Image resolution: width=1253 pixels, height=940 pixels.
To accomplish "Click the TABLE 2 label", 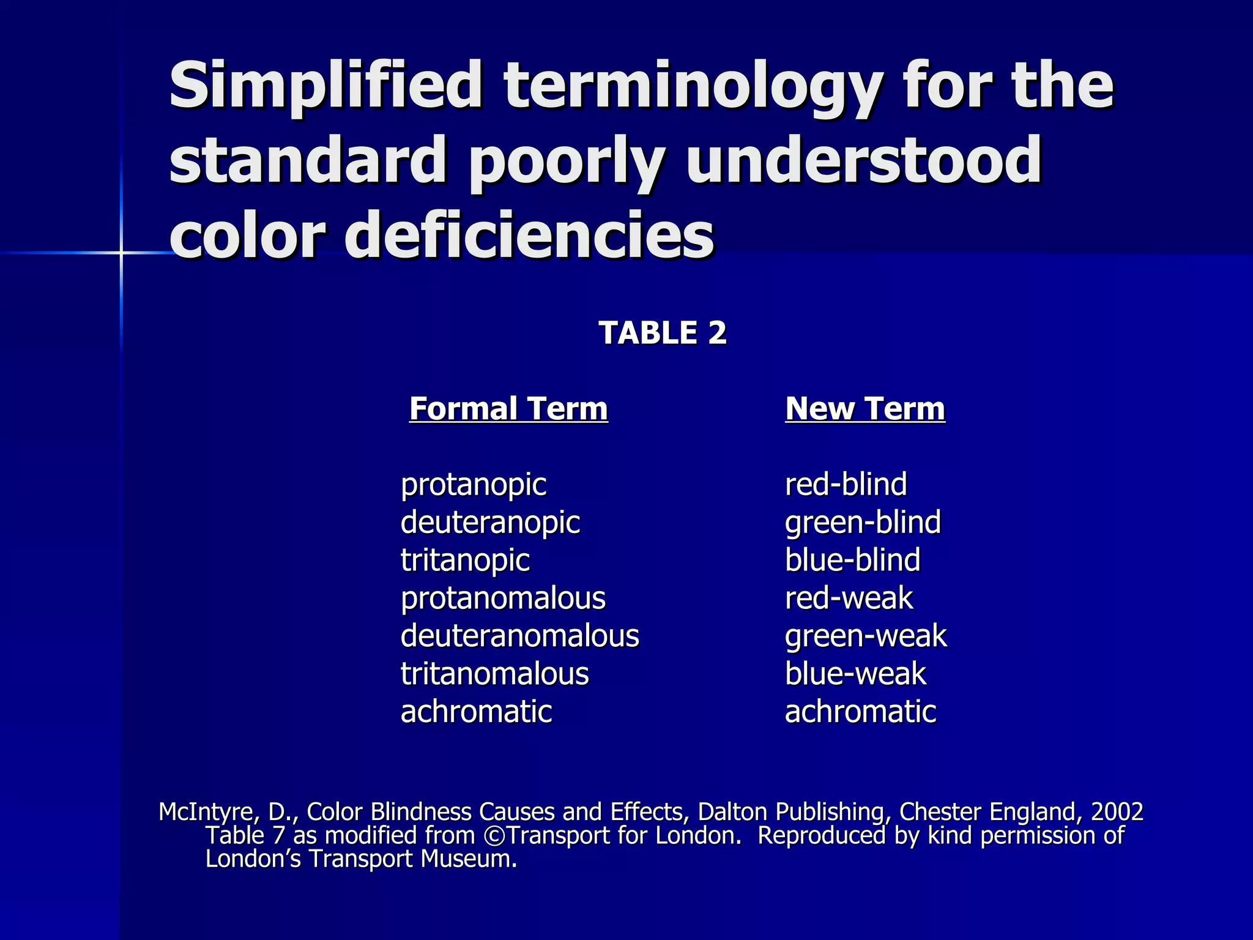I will (x=663, y=334).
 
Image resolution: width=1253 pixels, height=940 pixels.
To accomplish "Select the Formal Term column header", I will (x=508, y=409).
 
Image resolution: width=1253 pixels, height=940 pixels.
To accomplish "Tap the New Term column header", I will (x=865, y=409).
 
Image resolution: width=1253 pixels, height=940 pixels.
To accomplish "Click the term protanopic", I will (x=474, y=485).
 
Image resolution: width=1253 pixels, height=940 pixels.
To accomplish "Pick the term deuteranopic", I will (x=490, y=523).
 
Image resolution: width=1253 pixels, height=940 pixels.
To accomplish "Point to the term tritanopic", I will (x=465, y=561).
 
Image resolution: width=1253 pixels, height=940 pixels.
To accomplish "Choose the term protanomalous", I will (x=503, y=599).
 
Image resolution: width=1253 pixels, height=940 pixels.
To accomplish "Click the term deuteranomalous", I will (x=520, y=636).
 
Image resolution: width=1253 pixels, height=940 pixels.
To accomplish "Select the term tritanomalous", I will (x=494, y=674).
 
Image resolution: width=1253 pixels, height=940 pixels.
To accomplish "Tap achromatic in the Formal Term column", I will (x=476, y=712).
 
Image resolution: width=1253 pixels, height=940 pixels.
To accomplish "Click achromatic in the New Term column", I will (x=860, y=712).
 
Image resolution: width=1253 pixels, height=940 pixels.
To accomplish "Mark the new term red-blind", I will (x=846, y=484).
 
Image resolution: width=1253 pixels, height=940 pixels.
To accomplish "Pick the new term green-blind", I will (x=863, y=523).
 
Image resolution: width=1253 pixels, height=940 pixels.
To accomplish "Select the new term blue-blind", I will (x=852, y=560).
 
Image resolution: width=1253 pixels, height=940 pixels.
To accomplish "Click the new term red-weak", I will (x=849, y=599).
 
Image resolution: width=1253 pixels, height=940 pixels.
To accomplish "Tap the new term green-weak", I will (x=866, y=636).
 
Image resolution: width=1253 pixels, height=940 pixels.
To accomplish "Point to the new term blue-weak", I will (x=855, y=674).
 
